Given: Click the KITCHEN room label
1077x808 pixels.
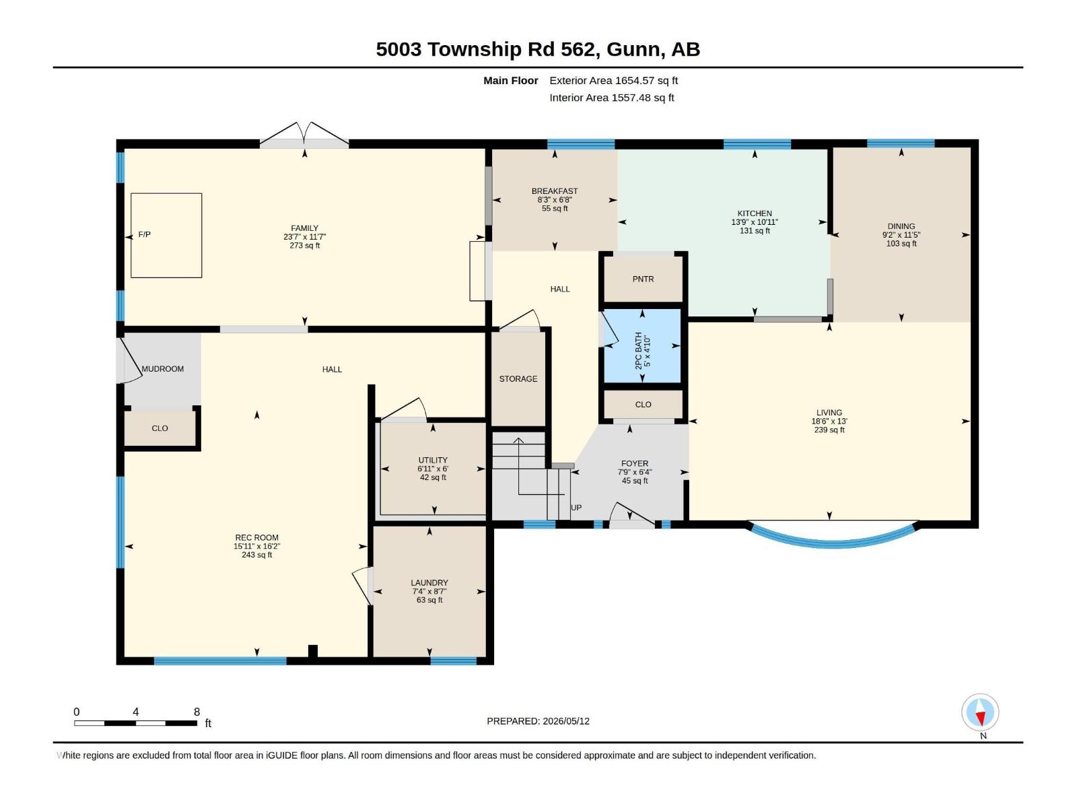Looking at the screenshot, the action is (754, 213).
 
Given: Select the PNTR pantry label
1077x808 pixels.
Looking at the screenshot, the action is (643, 279).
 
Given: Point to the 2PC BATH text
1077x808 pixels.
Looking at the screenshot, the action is (638, 351).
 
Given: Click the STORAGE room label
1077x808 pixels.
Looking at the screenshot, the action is (518, 378).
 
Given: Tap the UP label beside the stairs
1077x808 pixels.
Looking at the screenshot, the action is (576, 508).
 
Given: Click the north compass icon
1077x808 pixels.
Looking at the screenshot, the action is (980, 712).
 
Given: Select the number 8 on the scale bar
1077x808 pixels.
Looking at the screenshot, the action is (197, 712).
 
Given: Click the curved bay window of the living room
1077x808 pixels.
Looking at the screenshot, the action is (832, 543).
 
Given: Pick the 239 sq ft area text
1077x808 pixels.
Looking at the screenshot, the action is (829, 430).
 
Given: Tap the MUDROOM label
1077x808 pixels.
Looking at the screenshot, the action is (162, 369).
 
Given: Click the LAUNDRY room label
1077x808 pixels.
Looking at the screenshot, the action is (429, 583).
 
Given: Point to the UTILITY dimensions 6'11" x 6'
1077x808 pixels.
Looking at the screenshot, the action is (433, 469).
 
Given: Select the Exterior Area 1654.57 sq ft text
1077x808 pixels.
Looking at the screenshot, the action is (613, 80).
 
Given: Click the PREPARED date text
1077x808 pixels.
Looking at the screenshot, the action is (538, 721).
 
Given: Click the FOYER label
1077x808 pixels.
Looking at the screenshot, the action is (635, 464).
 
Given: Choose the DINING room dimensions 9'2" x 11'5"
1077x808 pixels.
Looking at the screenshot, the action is (901, 235).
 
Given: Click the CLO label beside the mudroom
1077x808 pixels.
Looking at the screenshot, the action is (160, 428).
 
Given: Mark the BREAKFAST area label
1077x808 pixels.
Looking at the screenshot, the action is (555, 191).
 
